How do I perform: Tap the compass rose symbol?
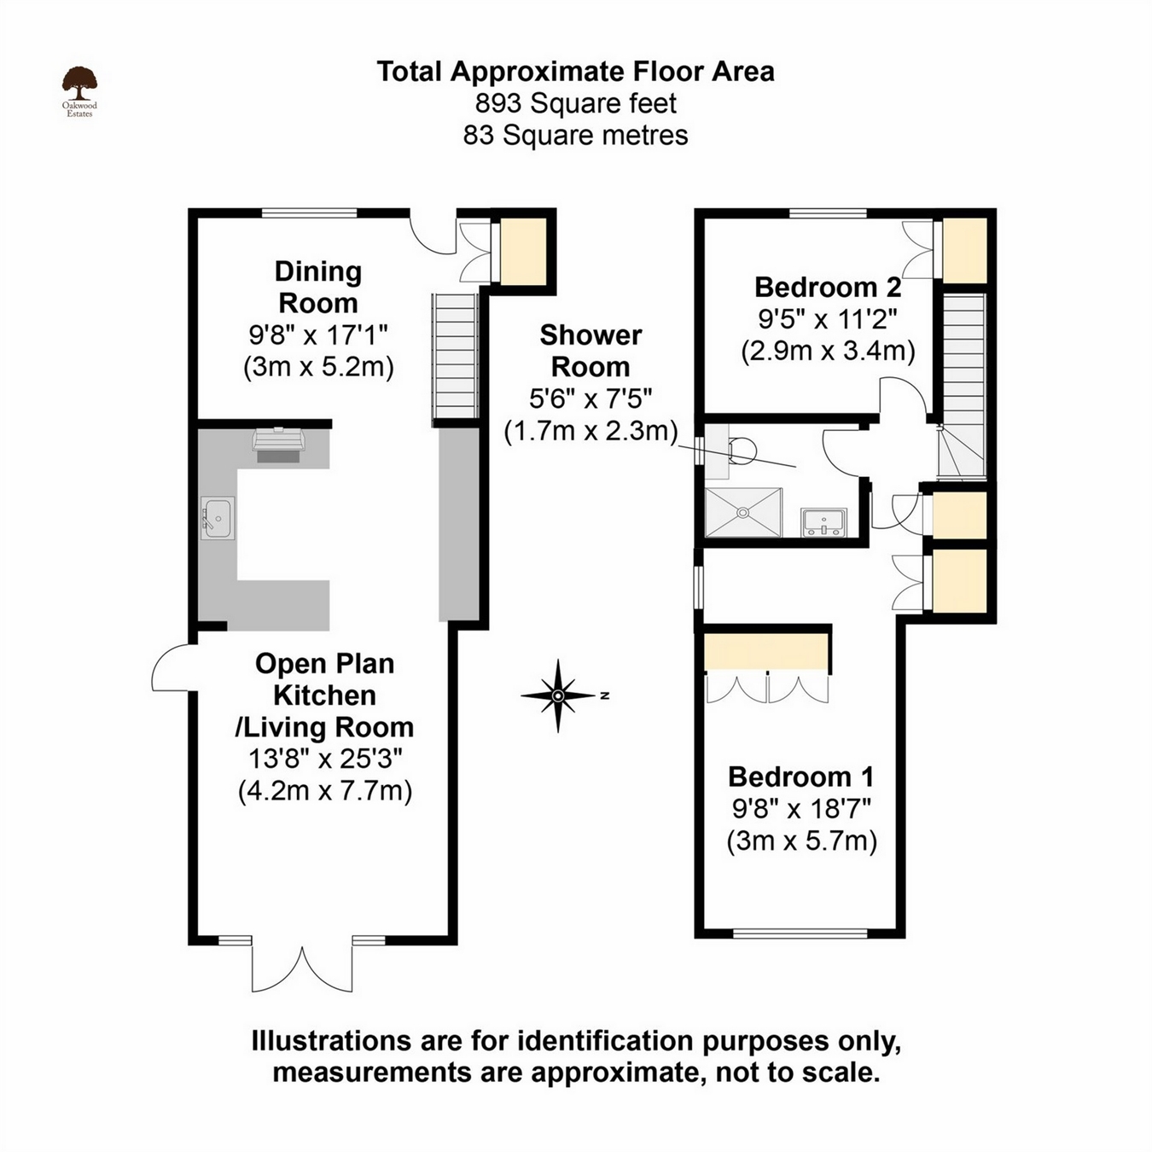[x=558, y=695]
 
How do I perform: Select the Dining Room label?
[x=318, y=287]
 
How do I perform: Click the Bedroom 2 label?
[x=828, y=287]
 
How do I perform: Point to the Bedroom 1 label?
[x=800, y=777]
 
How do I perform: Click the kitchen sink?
[x=218, y=518]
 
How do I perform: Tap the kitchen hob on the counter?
[x=278, y=445]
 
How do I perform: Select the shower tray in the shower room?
[x=743, y=512]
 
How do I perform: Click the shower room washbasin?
[x=823, y=521]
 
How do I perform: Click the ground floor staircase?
[x=455, y=356]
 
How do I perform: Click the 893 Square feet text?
[x=576, y=103]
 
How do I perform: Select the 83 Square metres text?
[x=576, y=135]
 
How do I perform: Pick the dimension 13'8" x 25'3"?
[x=325, y=758]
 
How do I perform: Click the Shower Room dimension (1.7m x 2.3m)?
[x=591, y=430]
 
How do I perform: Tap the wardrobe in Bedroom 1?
[x=767, y=651]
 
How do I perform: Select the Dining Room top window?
[x=309, y=213]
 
